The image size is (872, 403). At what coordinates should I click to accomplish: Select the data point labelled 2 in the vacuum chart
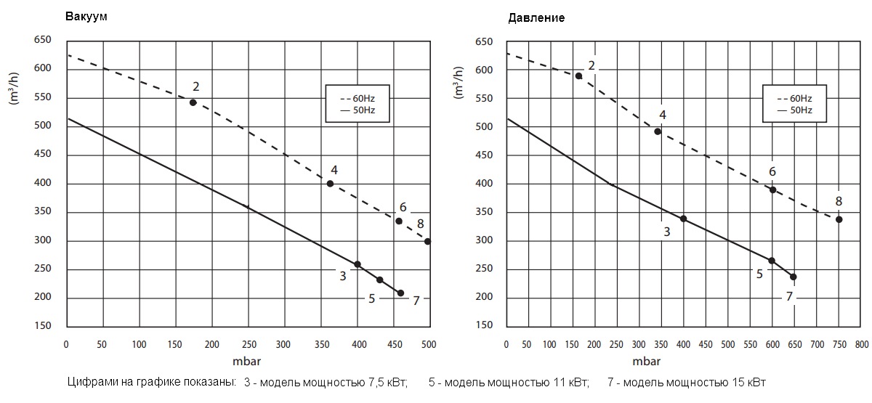point(193,102)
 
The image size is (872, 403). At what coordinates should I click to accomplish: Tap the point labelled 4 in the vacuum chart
point(330,184)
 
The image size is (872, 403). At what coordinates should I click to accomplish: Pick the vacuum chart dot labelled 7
point(400,293)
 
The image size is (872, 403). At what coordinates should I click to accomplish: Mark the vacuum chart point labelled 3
point(357,264)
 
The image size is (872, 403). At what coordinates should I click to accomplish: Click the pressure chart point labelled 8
point(839,219)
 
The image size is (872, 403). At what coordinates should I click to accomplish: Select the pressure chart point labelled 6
point(773,190)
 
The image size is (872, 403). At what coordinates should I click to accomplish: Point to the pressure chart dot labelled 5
point(772,261)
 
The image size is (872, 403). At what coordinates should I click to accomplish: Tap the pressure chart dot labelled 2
point(578,76)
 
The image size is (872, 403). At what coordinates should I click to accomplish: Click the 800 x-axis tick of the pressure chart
point(861,344)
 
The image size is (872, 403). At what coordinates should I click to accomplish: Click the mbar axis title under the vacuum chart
point(248,360)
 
